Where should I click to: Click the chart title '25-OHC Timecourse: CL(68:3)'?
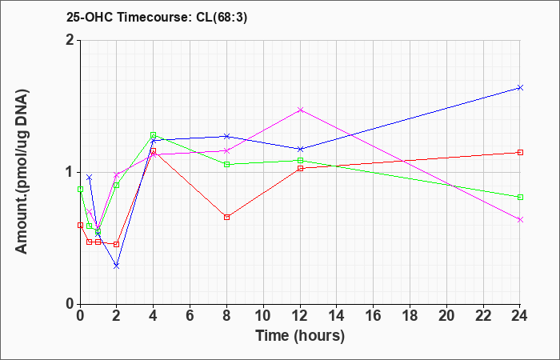(157, 18)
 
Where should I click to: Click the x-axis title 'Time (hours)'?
(300, 336)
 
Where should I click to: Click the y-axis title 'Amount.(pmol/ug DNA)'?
(22, 172)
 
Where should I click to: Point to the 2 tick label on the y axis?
(70, 40)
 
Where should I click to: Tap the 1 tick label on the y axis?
(70, 172)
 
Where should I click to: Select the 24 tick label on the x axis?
(520, 316)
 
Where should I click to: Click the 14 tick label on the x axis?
(337, 316)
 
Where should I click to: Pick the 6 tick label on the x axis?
(190, 316)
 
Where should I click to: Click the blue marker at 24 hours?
(520, 87)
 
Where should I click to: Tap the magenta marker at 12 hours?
(300, 110)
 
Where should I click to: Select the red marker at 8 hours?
(226, 217)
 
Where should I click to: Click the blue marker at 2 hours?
(117, 266)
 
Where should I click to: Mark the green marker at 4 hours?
(154, 134)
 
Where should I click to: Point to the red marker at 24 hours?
(520, 153)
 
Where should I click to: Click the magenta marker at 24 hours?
(520, 220)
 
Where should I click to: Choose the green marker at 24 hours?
(520, 197)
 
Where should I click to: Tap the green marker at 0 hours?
(80, 189)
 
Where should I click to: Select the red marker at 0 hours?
(80, 226)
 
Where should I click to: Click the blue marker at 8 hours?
(226, 136)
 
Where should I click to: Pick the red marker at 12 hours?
(300, 168)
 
